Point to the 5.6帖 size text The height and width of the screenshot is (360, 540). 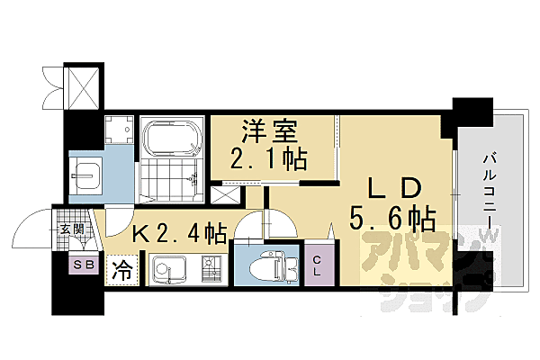[x=393, y=219]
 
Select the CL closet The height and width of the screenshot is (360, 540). [x=319, y=265]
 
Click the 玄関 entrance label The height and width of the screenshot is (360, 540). [x=71, y=229]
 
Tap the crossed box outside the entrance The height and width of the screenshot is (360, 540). [x=84, y=87]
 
